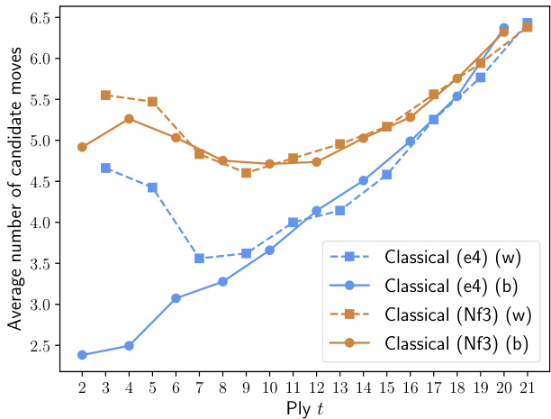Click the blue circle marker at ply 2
82,355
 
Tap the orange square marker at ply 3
105,95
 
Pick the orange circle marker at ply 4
129,118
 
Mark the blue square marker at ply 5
152,187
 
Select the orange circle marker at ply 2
82,147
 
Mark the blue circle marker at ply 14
363,180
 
